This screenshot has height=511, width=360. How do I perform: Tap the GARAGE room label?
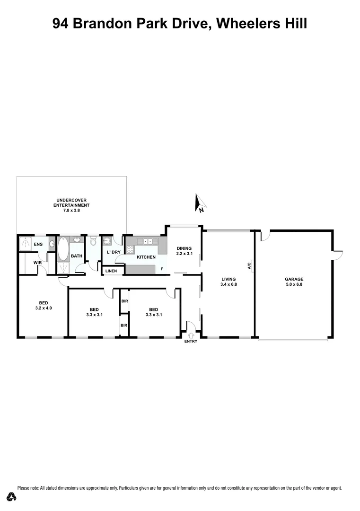click(294, 279)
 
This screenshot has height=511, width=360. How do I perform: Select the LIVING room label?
click(228, 279)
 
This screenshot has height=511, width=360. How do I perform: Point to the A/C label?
click(249, 266)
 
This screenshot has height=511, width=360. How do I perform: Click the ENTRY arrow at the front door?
click(191, 336)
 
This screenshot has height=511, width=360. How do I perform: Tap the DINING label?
click(184, 248)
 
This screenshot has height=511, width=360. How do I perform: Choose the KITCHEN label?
click(146, 257)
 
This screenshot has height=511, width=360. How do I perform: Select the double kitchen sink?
click(148, 242)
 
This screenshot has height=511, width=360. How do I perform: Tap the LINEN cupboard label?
click(111, 271)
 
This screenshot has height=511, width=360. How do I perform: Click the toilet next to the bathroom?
click(93, 242)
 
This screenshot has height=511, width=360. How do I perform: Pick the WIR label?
click(38, 263)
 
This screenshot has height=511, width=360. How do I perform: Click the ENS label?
click(38, 244)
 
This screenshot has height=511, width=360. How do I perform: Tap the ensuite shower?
click(24, 244)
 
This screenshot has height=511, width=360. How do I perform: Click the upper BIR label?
click(124, 301)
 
